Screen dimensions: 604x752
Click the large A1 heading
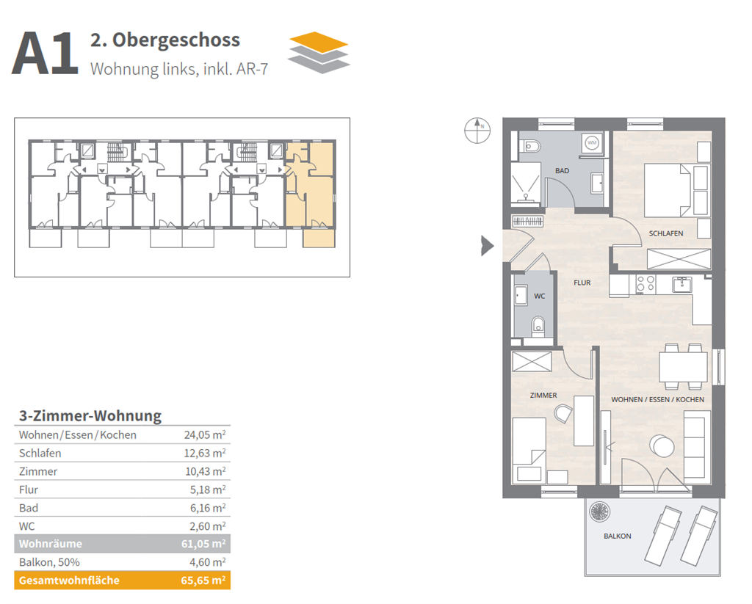(x=45, y=54)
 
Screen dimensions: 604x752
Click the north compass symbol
(x=476, y=130)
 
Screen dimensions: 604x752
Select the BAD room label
(x=562, y=171)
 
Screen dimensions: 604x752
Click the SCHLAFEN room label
(x=665, y=233)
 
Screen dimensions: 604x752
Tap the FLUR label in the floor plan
(x=582, y=283)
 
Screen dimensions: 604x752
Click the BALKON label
(x=617, y=536)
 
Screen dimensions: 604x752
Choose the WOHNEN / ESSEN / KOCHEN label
(x=658, y=400)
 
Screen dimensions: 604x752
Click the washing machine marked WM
(x=592, y=142)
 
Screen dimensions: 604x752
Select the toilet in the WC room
(x=538, y=324)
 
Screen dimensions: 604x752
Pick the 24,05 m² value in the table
(x=204, y=435)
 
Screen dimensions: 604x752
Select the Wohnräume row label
(x=51, y=544)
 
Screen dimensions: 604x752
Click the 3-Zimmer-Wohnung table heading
(x=89, y=416)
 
